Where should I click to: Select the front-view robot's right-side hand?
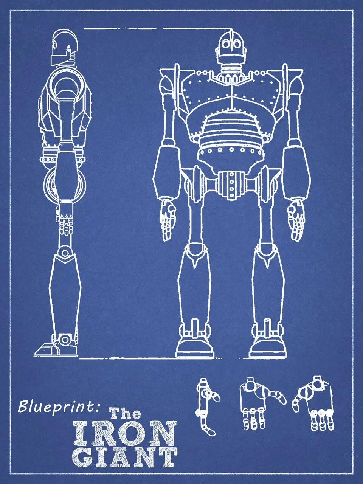pos(296,219)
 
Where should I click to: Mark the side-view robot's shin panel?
pos(65,291)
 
